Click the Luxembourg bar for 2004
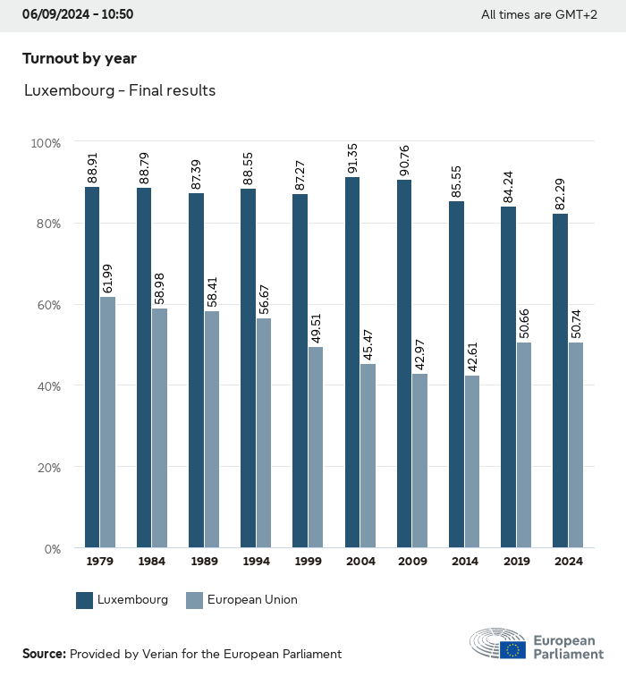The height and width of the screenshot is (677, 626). pos(352,362)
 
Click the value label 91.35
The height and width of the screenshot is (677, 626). pos(352,158)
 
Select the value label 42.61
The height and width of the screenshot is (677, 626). pos(471,356)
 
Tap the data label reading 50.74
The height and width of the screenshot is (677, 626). pos(575,323)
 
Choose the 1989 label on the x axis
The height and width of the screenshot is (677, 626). pos(204,562)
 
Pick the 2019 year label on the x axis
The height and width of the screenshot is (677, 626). pos(516,562)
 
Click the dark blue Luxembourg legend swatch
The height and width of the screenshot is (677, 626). pos(85,600)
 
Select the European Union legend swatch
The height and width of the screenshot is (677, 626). pos(194,600)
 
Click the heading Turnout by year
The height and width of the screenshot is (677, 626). pos(80,58)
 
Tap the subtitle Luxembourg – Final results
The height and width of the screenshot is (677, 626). pos(120,90)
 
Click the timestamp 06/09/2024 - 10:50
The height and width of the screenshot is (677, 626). pos(78,14)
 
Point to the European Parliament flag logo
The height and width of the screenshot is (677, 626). pos(512,649)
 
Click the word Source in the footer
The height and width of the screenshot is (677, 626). pos(44,654)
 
